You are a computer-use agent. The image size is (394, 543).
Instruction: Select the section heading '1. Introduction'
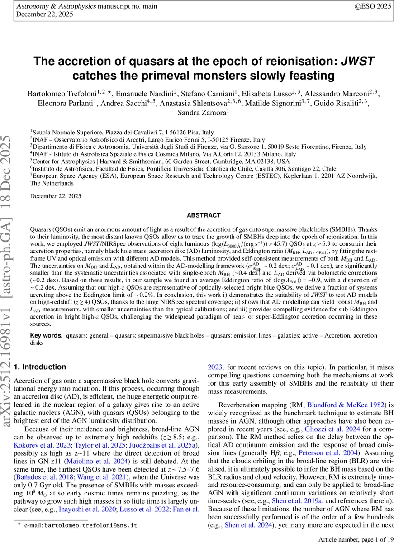[x=40, y=367]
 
